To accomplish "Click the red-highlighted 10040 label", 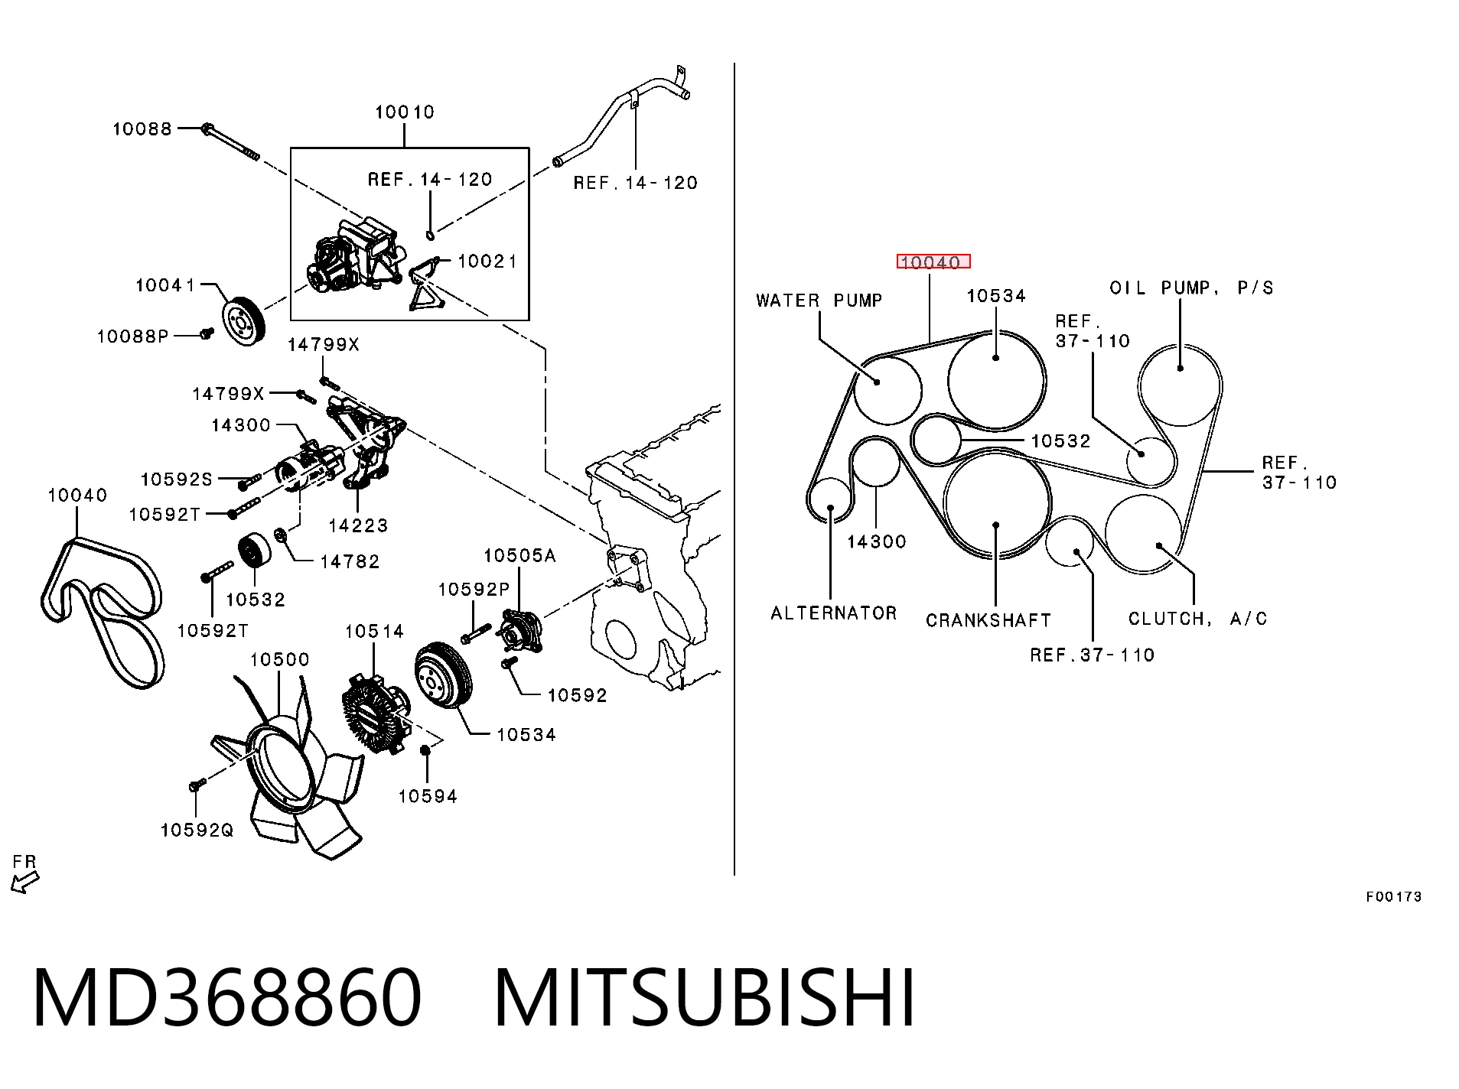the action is (x=933, y=262).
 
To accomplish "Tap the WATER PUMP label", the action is (x=819, y=301).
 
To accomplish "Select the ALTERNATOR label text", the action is (x=834, y=613).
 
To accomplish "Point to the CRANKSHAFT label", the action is (x=988, y=619).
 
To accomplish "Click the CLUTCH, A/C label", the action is (x=1197, y=618).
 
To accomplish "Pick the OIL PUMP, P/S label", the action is (x=1192, y=288).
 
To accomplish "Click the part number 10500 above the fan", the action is (x=280, y=659).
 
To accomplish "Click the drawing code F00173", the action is (x=1393, y=896).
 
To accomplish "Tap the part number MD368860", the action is (x=227, y=998).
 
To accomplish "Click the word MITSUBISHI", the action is (x=705, y=998).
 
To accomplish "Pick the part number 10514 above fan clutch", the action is (x=374, y=631).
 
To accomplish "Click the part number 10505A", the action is (x=519, y=555).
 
